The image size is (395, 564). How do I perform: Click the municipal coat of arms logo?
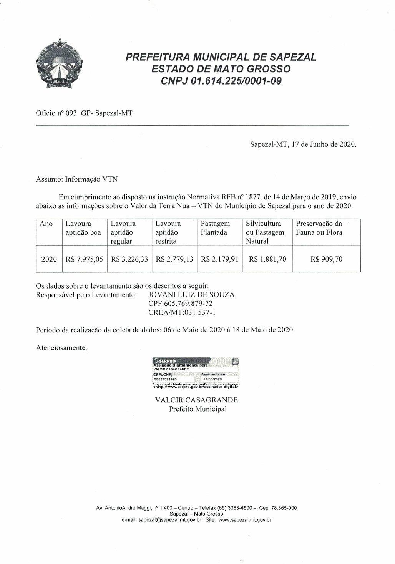click(59, 64)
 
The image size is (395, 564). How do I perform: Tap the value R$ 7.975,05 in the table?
click(84, 259)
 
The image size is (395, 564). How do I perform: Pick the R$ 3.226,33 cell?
click(129, 259)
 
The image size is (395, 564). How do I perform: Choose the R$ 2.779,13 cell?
click(174, 259)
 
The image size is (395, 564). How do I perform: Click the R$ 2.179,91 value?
click(219, 259)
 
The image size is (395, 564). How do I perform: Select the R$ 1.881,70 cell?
click(267, 259)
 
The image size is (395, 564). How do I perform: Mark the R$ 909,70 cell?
click(326, 259)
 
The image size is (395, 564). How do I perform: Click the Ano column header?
click(46, 224)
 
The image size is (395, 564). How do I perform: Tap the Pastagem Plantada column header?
click(215, 228)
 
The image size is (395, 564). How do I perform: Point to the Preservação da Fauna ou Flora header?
click(319, 228)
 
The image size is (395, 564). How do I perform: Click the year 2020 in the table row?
click(49, 259)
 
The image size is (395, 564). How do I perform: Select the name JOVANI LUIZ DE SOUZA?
click(191, 295)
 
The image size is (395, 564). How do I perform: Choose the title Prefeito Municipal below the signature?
click(198, 409)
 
